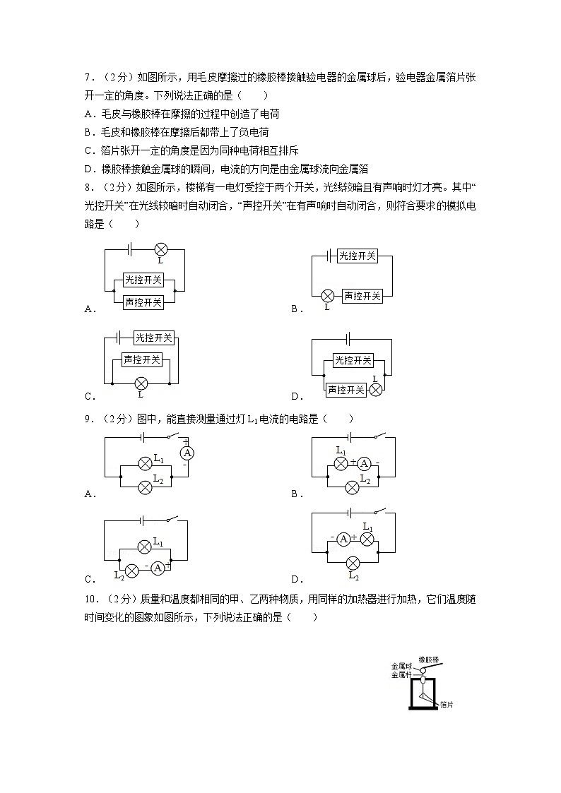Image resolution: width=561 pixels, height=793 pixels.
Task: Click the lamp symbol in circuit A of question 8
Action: (x=160, y=249)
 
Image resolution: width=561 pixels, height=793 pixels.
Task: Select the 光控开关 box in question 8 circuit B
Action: (x=357, y=256)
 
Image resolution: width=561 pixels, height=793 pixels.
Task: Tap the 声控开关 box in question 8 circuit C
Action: (x=142, y=359)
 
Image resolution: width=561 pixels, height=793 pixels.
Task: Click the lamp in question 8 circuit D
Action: (x=376, y=390)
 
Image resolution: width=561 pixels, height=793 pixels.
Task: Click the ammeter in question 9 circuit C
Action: (x=158, y=568)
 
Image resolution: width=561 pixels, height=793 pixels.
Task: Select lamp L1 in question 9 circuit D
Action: (x=367, y=539)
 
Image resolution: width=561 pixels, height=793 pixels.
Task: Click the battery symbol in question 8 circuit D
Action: (x=348, y=340)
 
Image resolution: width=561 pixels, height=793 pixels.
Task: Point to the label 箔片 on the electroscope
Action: (x=446, y=704)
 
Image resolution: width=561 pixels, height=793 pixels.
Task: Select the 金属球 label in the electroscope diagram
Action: (x=401, y=665)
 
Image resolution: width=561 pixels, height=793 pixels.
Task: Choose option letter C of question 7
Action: (x=88, y=150)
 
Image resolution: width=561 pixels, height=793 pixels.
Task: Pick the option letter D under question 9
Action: (x=295, y=579)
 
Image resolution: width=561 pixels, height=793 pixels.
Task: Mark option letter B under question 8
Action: (x=295, y=309)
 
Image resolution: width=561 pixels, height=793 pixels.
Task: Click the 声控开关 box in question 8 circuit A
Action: (x=143, y=302)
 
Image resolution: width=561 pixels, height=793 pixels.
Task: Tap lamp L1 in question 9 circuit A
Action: (x=145, y=463)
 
